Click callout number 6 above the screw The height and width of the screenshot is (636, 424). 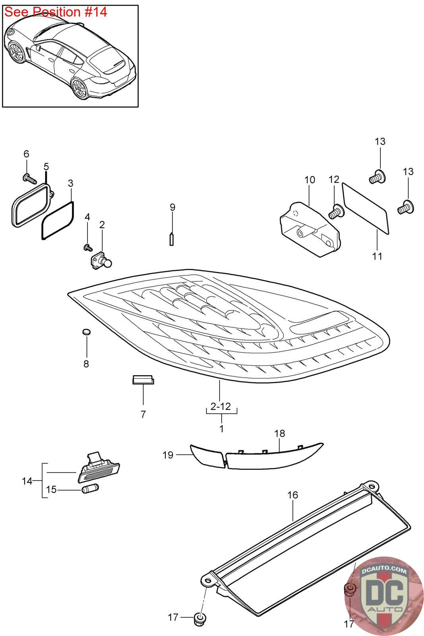pyautogui.click(x=26, y=154)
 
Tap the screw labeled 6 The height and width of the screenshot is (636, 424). pyautogui.click(x=29, y=178)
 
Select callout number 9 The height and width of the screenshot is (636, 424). pyautogui.click(x=172, y=207)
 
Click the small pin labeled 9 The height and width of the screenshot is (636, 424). pyautogui.click(x=171, y=239)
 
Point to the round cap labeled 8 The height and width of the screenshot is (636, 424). pyautogui.click(x=86, y=332)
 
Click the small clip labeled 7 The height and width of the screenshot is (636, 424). pyautogui.click(x=143, y=380)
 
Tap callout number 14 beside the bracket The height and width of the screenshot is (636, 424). pyautogui.click(x=27, y=481)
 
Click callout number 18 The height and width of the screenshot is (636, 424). pyautogui.click(x=279, y=433)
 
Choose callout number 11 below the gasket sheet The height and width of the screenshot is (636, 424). pyautogui.click(x=377, y=256)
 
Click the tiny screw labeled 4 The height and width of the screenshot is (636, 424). pyautogui.click(x=88, y=247)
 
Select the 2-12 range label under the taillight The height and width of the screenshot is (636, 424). pyautogui.click(x=221, y=406)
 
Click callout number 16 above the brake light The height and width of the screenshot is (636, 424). pyautogui.click(x=292, y=495)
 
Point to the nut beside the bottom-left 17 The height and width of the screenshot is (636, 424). pyautogui.click(x=200, y=619)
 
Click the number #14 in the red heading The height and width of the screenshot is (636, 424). pyautogui.click(x=96, y=12)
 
